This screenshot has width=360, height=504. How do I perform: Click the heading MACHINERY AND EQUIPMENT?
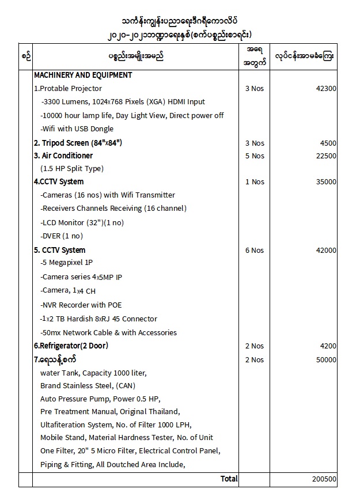tap(83, 75)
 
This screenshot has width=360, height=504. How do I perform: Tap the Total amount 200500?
tap(325, 479)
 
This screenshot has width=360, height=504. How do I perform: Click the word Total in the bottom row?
tap(229, 479)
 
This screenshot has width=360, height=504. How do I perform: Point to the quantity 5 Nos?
tap(255, 156)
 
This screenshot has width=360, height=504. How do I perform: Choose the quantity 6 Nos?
tap(255, 251)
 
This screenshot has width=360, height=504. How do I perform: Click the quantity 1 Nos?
tap(255, 182)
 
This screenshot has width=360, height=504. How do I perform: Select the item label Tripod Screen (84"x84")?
tap(78, 143)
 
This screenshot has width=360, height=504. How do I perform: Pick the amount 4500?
tap(328, 143)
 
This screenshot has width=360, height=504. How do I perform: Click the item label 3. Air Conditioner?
tap(63, 156)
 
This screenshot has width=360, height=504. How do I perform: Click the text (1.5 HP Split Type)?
tap(72, 169)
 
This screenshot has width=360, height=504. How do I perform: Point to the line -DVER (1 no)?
tap(62, 236)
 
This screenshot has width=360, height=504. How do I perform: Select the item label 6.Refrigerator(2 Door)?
tap(71, 346)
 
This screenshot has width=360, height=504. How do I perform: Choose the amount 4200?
tap(328, 346)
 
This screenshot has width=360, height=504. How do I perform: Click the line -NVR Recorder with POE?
tap(81, 305)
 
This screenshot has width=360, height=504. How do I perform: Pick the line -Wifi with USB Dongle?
tap(77, 129)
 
